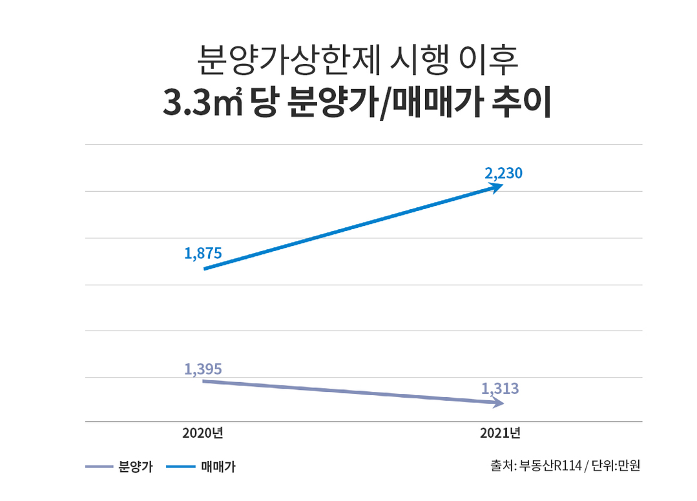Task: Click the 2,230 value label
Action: pos(503,173)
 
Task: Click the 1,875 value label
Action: pos(203,253)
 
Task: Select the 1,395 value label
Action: pos(203,369)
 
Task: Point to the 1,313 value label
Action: pos(500,389)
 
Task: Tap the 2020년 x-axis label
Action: pos(203,433)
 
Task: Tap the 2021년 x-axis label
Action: pos(500,433)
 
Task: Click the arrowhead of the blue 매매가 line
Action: pos(496,187)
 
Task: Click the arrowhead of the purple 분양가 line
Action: pos(498,402)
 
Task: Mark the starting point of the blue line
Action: pos(205,269)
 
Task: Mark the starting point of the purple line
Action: pos(203,381)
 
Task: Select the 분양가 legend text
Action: pos(136,466)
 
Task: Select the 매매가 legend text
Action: pos(218,466)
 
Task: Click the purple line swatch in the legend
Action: pos(99,466)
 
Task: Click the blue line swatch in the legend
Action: pos(181,466)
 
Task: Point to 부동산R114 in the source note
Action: pos(550,465)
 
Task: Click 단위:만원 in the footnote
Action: pos(616,465)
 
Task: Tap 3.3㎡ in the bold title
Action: pos(203,103)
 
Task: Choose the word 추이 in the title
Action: pos(521,103)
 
